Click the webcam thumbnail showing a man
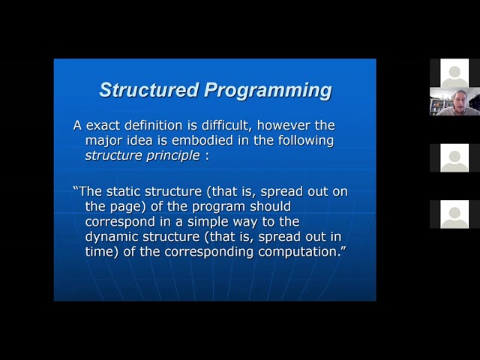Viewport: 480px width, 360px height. point(454,101)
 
